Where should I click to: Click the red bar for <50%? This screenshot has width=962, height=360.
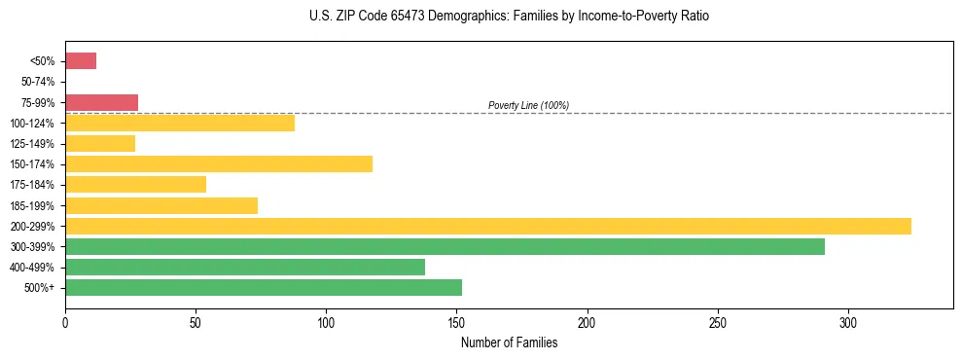click(x=81, y=61)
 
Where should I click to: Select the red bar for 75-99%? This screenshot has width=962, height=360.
click(x=101, y=102)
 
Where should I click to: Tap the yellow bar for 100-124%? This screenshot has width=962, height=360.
click(x=180, y=123)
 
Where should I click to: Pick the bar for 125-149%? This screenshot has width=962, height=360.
click(x=100, y=144)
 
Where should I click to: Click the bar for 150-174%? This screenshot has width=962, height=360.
click(x=219, y=164)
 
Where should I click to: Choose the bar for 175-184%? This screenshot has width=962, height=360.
click(x=135, y=185)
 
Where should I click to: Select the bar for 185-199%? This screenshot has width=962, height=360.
click(x=161, y=205)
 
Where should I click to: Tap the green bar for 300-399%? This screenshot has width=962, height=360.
click(x=445, y=247)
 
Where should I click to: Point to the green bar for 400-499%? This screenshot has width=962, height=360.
click(x=245, y=268)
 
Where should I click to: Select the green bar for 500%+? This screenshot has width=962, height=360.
click(x=264, y=288)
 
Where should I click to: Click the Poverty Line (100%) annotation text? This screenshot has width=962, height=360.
click(x=528, y=105)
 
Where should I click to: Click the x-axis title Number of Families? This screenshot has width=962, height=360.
click(x=509, y=342)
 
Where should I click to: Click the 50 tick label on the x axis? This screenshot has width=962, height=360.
click(x=196, y=322)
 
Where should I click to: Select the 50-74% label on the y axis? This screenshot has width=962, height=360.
click(x=38, y=82)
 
